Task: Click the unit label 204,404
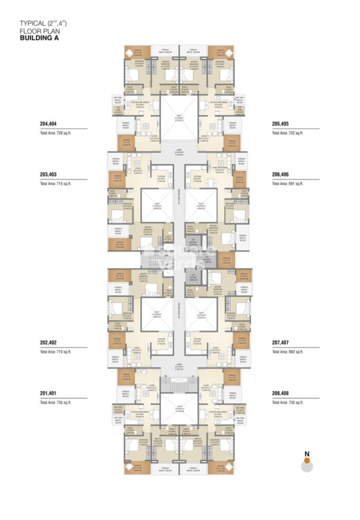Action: [x=48, y=124]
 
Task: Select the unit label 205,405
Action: [x=281, y=124]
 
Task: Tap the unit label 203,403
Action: [x=48, y=175]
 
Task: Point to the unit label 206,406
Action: [x=281, y=175]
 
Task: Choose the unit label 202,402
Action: [x=48, y=343]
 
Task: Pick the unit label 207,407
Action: [x=281, y=343]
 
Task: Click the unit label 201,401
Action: [x=48, y=394]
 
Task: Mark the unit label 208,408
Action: [x=281, y=394]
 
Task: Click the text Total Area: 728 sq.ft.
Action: [x=55, y=133]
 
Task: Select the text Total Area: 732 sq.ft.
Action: [x=288, y=133]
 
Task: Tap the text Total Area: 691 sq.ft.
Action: [x=288, y=184]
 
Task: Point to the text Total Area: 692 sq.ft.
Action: [x=288, y=352]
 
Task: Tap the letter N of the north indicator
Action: [x=307, y=453]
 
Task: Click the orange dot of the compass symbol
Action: [x=307, y=460]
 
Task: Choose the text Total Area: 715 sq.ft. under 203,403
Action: [x=55, y=184]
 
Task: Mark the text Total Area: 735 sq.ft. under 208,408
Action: [x=288, y=403]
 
